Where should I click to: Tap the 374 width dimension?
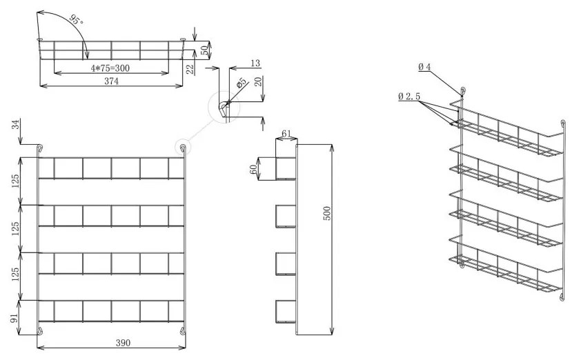pyautogui.click(x=111, y=81)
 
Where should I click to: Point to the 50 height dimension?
pyautogui.click(x=205, y=50)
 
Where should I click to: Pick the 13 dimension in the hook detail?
pyautogui.click(x=255, y=63)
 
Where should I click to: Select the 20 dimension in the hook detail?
pyautogui.click(x=258, y=82)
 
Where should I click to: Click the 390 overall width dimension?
pyautogui.click(x=112, y=343)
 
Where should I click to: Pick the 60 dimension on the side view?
pyautogui.click(x=253, y=168)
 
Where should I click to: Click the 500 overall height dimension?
pyautogui.click(x=328, y=214)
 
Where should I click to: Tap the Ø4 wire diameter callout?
pyautogui.click(x=424, y=67)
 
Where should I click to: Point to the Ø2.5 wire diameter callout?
pyautogui.click(x=409, y=97)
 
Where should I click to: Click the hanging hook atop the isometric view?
pyautogui.click(x=462, y=90)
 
